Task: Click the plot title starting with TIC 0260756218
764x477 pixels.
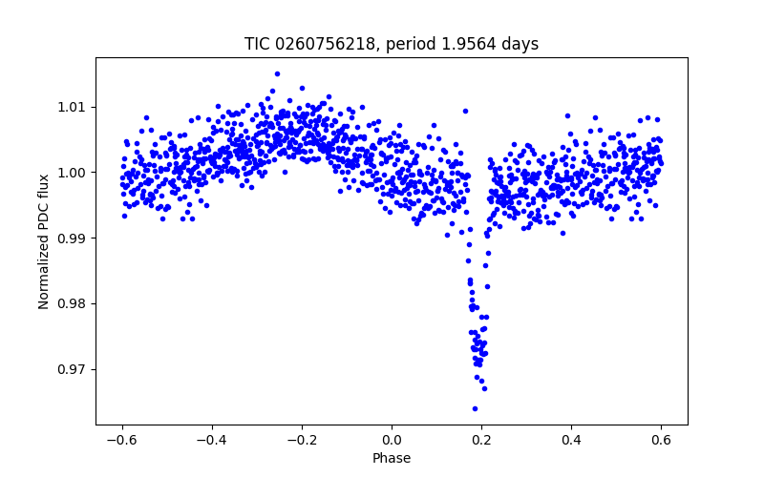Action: click(x=392, y=44)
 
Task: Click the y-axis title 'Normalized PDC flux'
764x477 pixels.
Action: click(x=44, y=240)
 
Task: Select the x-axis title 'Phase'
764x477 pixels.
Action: click(x=392, y=458)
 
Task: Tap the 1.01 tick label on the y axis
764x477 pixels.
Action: click(x=73, y=107)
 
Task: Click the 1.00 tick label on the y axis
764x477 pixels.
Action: click(x=73, y=173)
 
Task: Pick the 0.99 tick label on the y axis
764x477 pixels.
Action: click(x=73, y=238)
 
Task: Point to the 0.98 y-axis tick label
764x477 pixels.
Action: click(x=73, y=303)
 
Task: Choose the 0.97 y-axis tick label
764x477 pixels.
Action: click(x=73, y=369)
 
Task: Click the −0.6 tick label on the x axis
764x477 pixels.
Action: click(x=122, y=440)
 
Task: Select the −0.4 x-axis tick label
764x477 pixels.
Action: click(x=212, y=440)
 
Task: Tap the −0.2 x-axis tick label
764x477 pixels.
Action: click(x=302, y=440)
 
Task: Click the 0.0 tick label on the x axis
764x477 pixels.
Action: click(x=392, y=440)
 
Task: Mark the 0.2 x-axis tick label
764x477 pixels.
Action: click(x=481, y=440)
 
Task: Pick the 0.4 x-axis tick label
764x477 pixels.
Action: click(x=571, y=440)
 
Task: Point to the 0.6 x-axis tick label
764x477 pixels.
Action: click(x=661, y=440)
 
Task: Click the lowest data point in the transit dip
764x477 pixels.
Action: click(x=475, y=408)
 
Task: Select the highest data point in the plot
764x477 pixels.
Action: click(x=277, y=73)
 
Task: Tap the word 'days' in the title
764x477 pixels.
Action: click(x=521, y=44)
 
